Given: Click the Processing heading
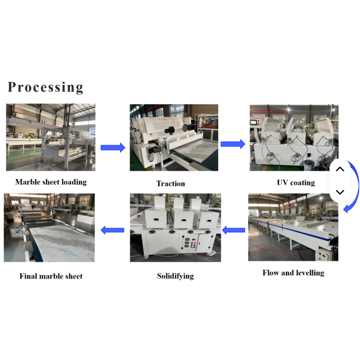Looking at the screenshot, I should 46,87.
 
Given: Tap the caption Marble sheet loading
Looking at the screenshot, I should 51,182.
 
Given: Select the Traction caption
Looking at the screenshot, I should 170,184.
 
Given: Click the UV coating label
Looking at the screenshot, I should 295,183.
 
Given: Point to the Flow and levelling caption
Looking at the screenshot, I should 293,273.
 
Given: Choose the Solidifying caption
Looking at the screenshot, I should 175,276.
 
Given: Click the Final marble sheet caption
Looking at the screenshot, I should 51,276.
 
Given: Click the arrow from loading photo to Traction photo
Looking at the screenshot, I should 113,148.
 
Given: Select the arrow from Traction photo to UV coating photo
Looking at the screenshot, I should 233,144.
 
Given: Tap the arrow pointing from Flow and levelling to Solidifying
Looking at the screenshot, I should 234,230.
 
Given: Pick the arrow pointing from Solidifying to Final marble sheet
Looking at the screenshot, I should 112,230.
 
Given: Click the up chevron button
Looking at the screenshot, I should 340,170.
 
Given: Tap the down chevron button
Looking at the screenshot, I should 340,192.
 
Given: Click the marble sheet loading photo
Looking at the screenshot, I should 51,137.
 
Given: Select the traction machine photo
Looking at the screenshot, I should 174,137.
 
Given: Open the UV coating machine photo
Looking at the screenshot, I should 294,137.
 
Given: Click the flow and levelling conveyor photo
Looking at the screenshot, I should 293,227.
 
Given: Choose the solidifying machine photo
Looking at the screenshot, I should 175,227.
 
